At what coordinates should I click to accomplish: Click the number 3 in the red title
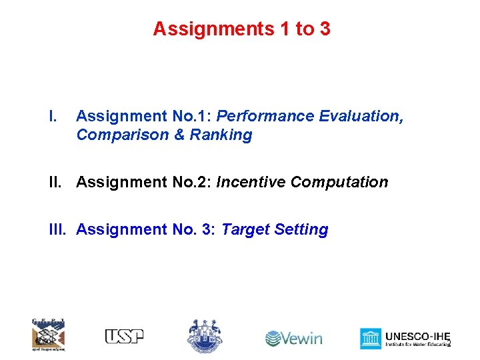point(324,29)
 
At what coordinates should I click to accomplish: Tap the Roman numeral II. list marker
point(57,182)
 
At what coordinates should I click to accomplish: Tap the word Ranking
point(221,135)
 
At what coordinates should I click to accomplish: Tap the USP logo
point(124,337)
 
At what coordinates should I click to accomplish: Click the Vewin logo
point(293,338)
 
